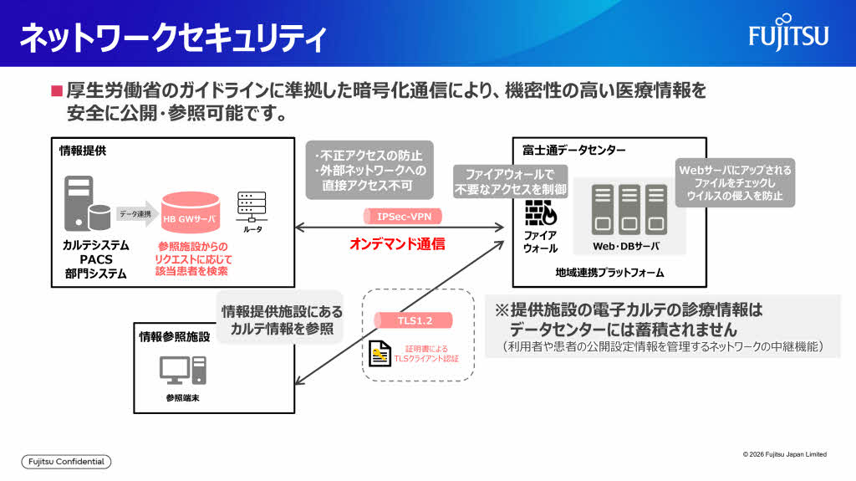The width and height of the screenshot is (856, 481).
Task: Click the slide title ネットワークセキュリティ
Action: click(x=172, y=38)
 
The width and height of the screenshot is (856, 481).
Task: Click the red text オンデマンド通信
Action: click(x=396, y=244)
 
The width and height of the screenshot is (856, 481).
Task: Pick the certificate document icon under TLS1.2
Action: click(x=380, y=354)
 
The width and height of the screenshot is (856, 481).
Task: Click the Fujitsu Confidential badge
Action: click(x=66, y=462)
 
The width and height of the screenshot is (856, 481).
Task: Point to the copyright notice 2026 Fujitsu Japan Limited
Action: click(x=784, y=454)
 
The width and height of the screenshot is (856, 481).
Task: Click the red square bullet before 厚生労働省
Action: click(x=57, y=90)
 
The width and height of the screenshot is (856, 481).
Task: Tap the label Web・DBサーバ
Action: click(x=625, y=247)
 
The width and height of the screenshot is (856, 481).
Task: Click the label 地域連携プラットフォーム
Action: click(x=609, y=273)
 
